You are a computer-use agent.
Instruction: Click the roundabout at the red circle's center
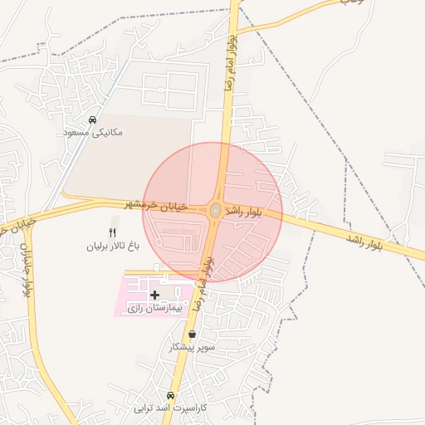pos(215,211)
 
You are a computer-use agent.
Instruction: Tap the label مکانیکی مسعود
pos(92,131)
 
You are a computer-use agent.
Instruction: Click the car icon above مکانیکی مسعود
pos(92,120)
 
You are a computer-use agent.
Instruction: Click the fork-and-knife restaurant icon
pos(113,233)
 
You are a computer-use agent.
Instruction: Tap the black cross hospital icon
pos(155,295)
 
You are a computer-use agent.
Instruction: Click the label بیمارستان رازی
pos(154,308)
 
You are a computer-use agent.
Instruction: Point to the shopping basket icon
pos(193,335)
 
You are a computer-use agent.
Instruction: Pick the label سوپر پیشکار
pos(193,347)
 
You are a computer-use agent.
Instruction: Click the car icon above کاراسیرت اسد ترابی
pos(171,395)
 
